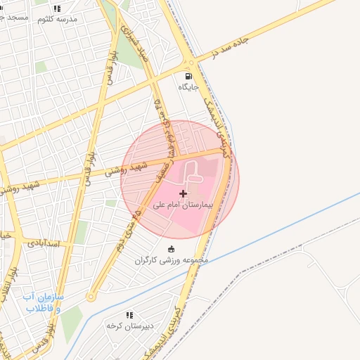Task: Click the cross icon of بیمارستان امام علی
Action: coord(184,193)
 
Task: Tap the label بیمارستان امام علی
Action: coord(184,206)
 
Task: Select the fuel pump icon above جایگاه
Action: coord(188,77)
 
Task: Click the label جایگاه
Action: coord(188,88)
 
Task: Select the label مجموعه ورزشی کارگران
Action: coord(173,260)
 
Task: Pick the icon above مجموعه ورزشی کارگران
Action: coord(171,248)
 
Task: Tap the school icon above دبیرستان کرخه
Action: coord(129,315)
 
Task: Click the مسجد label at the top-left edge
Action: coord(15,15)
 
